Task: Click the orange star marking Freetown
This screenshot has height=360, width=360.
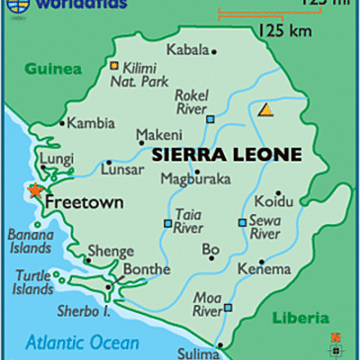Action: (x=35, y=190)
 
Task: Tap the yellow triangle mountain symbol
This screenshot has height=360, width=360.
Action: (x=265, y=110)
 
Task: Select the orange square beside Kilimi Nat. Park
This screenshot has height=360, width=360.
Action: (x=114, y=66)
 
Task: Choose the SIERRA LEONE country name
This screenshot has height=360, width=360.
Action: (x=227, y=154)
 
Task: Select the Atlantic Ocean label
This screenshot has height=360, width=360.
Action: (x=82, y=342)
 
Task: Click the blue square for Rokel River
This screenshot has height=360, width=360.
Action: (x=210, y=119)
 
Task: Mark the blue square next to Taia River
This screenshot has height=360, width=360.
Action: (x=166, y=223)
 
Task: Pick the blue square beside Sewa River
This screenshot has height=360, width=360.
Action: (x=241, y=222)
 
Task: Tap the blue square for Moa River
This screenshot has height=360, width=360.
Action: (x=228, y=309)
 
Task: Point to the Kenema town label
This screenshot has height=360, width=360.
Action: (x=264, y=269)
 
